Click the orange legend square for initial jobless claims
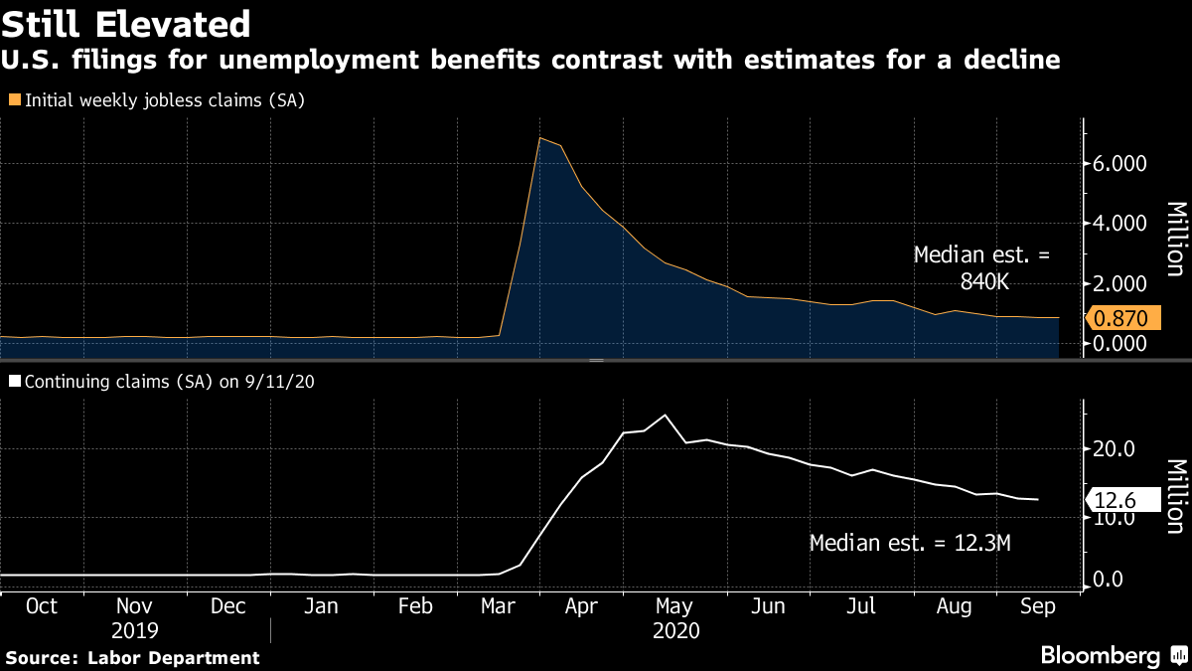click(14, 99)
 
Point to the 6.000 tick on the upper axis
click(1120, 164)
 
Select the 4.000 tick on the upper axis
click(1120, 224)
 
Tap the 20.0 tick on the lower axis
click(1116, 449)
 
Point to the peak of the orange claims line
click(539, 138)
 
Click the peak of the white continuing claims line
click(665, 415)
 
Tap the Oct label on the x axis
click(41, 605)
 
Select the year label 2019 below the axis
click(134, 630)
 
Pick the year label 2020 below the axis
click(676, 630)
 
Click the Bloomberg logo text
click(1100, 655)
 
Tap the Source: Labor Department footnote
click(132, 657)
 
